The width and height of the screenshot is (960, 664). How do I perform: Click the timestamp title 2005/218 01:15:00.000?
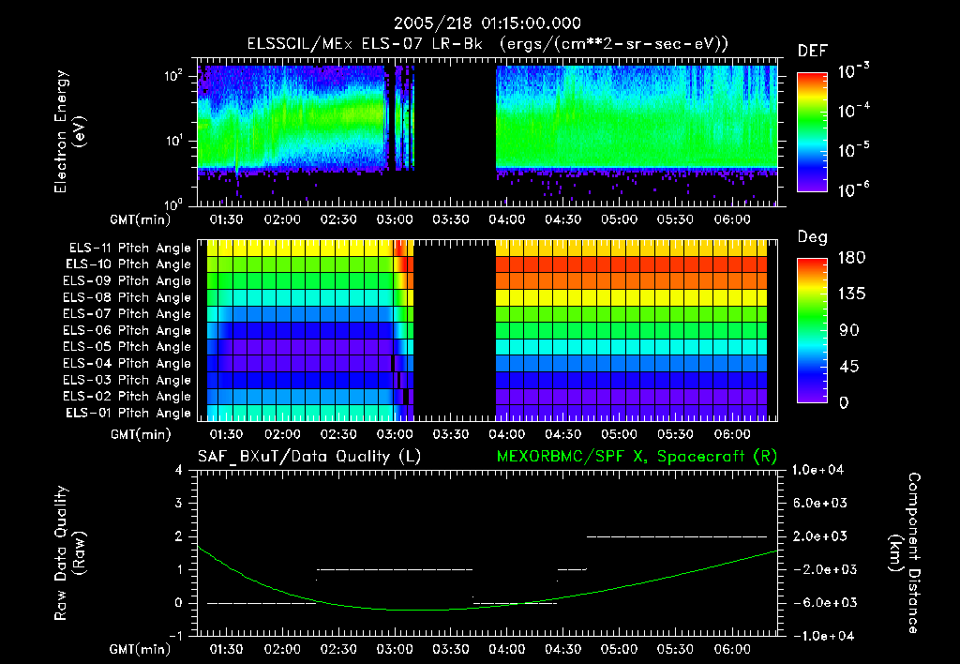479,23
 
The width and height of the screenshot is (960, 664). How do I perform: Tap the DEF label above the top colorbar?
812,51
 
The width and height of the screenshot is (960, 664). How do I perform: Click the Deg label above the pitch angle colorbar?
812,237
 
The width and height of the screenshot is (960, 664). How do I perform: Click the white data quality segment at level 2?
676,536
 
